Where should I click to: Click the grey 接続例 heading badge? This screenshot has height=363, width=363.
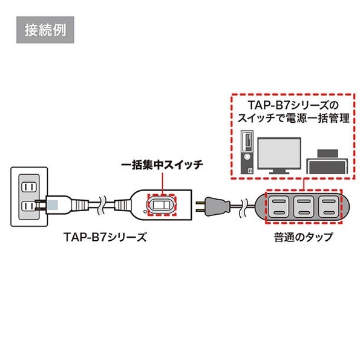click(45, 30)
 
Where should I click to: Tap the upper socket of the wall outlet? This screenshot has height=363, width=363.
click(29, 187)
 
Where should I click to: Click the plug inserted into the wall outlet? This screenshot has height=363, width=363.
click(59, 204)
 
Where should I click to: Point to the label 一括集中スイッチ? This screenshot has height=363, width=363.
click(162, 165)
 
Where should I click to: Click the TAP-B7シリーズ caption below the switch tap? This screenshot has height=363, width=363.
click(105, 237)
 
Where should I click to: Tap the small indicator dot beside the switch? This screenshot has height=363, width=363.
click(145, 211)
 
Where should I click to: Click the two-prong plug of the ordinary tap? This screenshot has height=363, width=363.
click(212, 206)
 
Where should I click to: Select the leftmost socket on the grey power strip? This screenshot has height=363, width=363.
click(279, 206)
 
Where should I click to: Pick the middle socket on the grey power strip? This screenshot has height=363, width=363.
click(304, 206)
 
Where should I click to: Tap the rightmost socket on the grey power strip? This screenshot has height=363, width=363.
click(329, 206)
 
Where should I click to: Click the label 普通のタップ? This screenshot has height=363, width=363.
click(304, 237)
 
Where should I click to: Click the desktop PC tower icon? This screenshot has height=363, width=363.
click(247, 152)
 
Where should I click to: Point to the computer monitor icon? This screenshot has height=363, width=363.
click(279, 155)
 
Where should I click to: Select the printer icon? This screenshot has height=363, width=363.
click(327, 162)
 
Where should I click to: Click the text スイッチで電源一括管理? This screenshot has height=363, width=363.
click(293, 118)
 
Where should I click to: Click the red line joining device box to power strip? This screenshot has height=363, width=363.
click(304, 185)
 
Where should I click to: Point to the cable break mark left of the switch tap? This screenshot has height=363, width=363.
click(102, 205)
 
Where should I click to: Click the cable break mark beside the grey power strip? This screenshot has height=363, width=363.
click(243, 206)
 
